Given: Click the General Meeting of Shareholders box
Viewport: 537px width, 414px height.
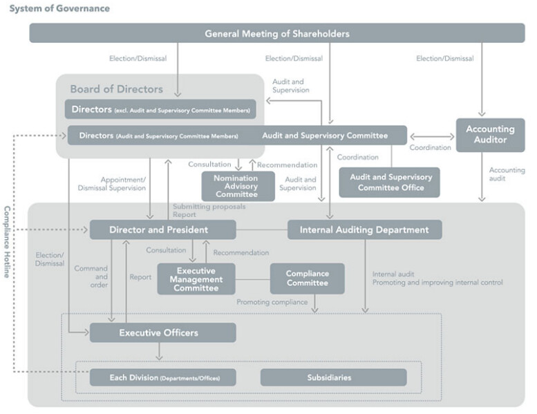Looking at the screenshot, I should click(x=276, y=33).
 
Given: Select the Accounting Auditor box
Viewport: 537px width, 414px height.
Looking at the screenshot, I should click(x=490, y=134).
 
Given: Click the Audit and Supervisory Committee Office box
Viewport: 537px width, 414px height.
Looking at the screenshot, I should click(x=390, y=182).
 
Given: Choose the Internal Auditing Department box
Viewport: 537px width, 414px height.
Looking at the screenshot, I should click(x=364, y=229).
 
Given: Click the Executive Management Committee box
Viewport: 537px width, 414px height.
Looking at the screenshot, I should click(x=196, y=279).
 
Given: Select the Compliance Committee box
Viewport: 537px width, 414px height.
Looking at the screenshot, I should click(x=307, y=278).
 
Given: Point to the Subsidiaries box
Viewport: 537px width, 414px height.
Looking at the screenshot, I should click(x=333, y=377).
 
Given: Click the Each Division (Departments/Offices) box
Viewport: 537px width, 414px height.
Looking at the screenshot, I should click(x=162, y=377).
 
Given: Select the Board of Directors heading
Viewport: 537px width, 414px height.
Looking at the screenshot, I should click(x=116, y=89).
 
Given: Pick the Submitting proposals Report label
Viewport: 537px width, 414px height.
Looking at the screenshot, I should click(x=200, y=210).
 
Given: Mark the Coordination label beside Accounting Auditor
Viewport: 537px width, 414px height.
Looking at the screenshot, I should click(x=431, y=147).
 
